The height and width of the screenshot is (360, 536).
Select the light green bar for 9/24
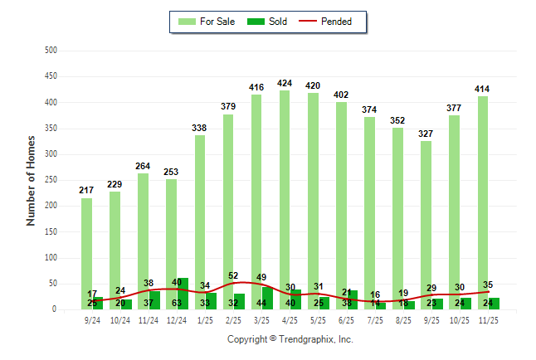coord(86,241)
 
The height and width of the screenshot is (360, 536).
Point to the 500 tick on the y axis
coord(50,51)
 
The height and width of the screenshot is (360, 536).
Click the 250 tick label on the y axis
coord(50,180)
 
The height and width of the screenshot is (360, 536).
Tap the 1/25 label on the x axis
coord(206,320)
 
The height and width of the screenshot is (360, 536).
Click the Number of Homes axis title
coord(31,180)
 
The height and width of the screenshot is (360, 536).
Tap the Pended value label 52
coord(234,275)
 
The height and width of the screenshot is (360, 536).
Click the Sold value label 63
coord(178,303)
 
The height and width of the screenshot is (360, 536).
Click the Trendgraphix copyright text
coord(290,339)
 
